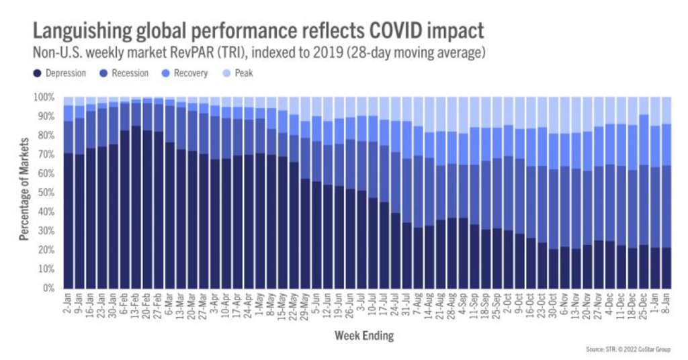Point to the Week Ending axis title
[365, 334]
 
